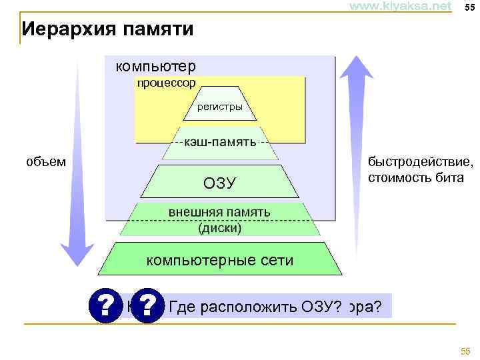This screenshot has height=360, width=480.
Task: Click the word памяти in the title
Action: click(151, 30)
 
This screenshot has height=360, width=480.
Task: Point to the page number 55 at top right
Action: click(469, 7)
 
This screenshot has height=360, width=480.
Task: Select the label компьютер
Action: click(155, 67)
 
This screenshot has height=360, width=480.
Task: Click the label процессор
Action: click(166, 83)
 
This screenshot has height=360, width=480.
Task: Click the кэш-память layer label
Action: click(220, 142)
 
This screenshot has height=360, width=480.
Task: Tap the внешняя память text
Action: click(219, 212)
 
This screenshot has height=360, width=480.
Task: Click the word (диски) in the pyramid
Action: click(220, 227)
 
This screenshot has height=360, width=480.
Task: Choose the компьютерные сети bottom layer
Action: click(220, 261)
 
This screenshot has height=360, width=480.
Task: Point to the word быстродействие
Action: click(421, 162)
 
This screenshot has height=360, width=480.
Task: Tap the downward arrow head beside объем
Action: click(77, 253)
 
